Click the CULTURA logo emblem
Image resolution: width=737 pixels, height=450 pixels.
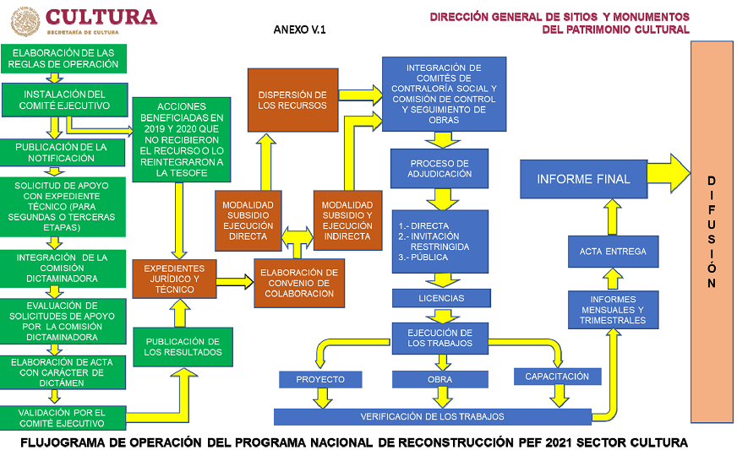point(25,21)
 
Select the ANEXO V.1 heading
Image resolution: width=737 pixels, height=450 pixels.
point(299,30)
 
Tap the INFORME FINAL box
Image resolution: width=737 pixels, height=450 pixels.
point(583,179)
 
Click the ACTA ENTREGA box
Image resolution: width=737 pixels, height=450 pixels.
point(613,251)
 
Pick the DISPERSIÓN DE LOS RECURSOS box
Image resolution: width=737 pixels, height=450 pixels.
point(292,100)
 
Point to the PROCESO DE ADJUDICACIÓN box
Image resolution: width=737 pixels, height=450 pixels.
point(439,168)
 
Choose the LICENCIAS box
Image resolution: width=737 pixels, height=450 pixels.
point(440,298)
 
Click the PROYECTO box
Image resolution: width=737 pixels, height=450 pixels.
point(320,379)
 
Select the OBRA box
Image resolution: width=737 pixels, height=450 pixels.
point(439,379)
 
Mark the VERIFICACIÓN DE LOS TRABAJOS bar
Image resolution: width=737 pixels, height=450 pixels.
point(432,416)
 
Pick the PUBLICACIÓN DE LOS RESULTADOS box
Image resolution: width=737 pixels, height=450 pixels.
point(183,347)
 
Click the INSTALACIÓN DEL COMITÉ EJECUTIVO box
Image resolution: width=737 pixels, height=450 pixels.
point(65,100)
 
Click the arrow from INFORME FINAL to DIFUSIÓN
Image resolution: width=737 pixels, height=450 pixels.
point(669,176)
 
